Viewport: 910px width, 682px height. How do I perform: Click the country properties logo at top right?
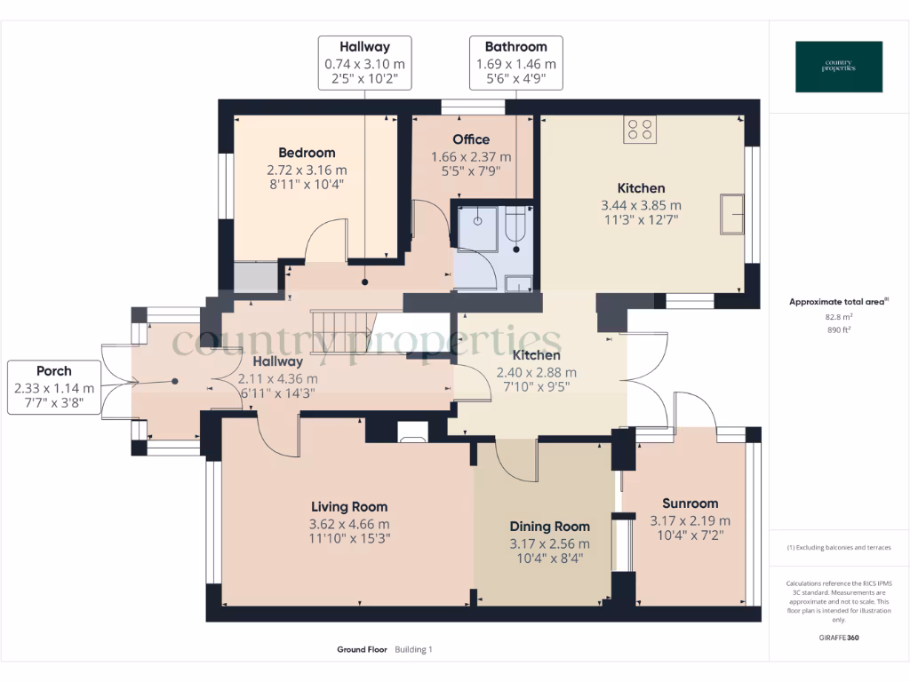click(x=839, y=67)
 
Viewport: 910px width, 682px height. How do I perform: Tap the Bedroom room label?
click(x=307, y=153)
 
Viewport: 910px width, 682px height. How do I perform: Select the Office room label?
click(x=471, y=139)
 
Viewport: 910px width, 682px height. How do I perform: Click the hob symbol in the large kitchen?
click(x=641, y=130)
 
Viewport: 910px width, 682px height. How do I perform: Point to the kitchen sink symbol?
click(x=732, y=213)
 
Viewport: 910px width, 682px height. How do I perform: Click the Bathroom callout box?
click(x=516, y=62)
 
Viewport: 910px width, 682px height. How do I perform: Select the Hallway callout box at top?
click(x=365, y=62)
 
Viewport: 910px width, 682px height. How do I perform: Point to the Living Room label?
click(x=348, y=507)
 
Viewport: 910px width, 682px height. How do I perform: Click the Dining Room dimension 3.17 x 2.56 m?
click(x=549, y=543)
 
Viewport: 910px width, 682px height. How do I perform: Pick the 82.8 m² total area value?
click(x=838, y=316)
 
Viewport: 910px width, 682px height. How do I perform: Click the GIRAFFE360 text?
click(x=838, y=637)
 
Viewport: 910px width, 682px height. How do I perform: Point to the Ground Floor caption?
click(x=362, y=650)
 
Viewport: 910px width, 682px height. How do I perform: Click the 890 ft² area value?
click(x=838, y=329)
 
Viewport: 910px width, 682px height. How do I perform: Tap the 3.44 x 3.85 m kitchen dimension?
click(x=641, y=205)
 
